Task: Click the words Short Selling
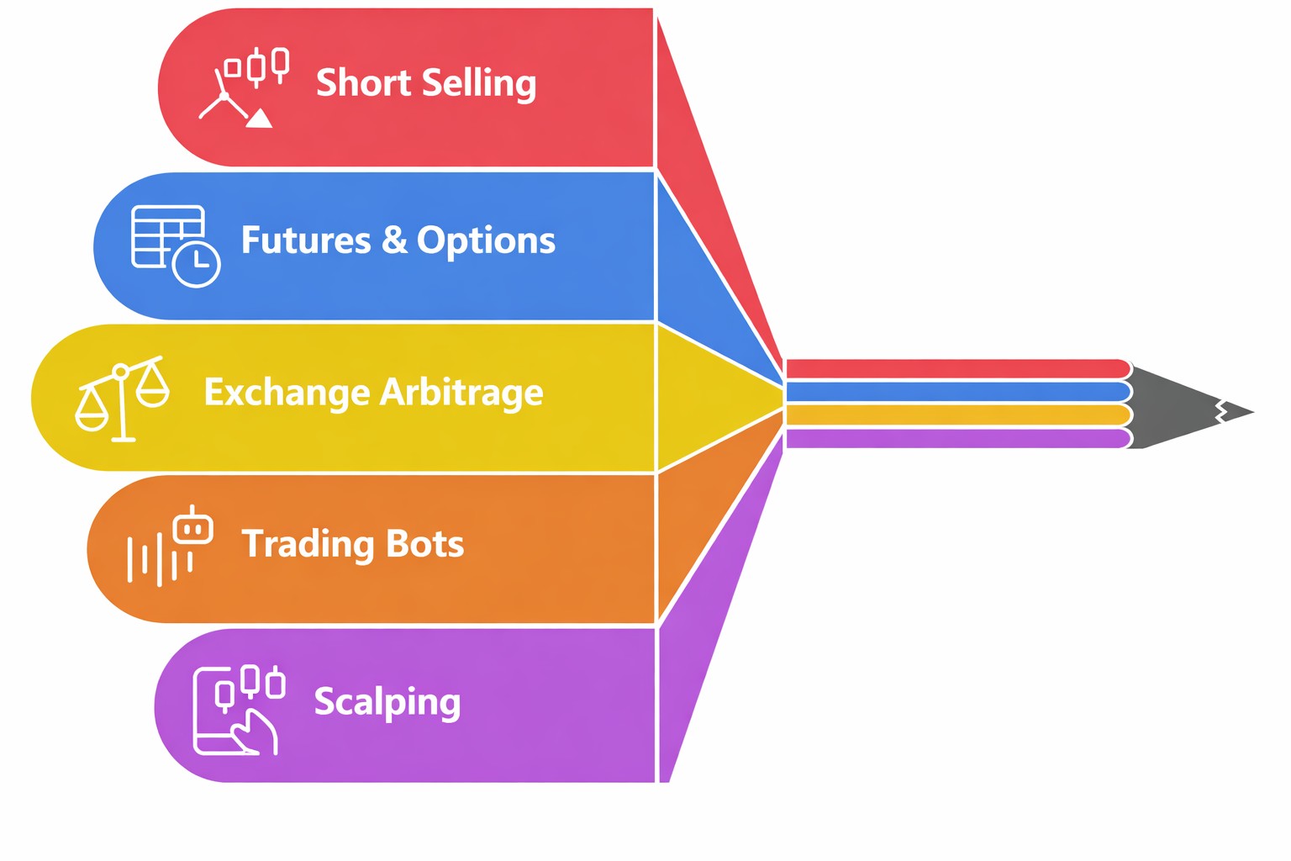[x=426, y=83]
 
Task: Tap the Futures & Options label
[x=398, y=240]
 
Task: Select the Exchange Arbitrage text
[x=373, y=393]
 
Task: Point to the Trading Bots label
[x=353, y=544]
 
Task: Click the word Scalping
[x=387, y=702]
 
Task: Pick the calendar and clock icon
[x=176, y=246]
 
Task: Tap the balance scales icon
[x=122, y=399]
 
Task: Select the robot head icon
[x=193, y=525]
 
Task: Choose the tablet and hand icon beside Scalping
[x=239, y=710]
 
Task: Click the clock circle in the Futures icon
[x=197, y=264]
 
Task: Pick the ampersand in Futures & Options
[x=394, y=240]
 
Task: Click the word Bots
[x=424, y=543]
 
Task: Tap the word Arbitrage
[x=461, y=394]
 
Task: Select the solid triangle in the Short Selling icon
[x=259, y=119]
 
